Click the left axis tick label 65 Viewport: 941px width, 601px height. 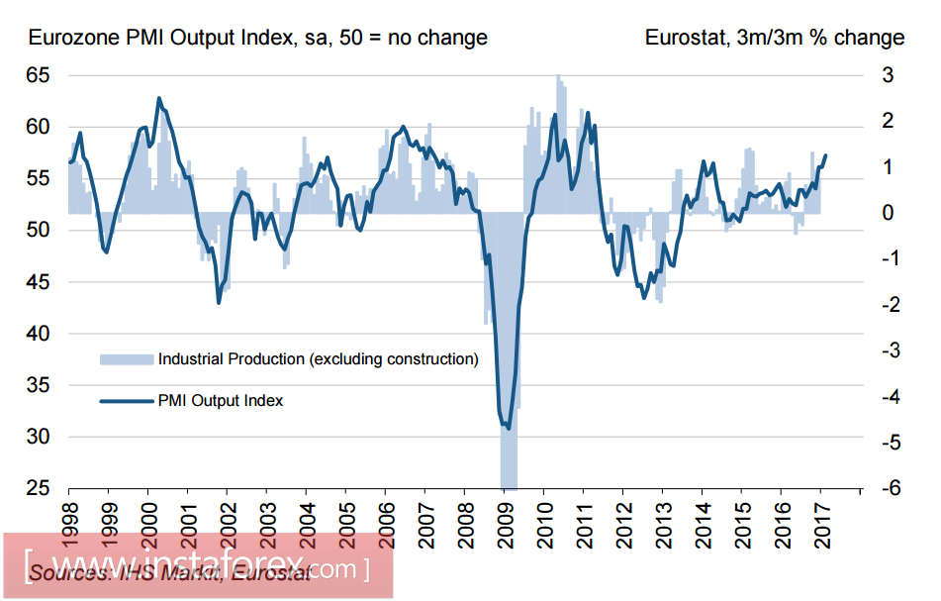[x=38, y=75]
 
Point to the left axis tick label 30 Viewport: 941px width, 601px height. [x=38, y=437]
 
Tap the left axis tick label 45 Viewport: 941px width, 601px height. [x=38, y=282]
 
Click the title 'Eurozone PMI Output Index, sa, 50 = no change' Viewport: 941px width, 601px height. [x=258, y=38]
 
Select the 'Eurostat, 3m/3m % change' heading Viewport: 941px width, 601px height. [x=775, y=38]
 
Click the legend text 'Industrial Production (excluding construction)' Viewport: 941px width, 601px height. [x=318, y=358]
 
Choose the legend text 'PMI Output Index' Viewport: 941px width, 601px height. [x=221, y=400]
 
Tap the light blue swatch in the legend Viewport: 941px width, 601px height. [x=127, y=358]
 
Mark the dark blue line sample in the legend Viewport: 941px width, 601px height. [x=127, y=400]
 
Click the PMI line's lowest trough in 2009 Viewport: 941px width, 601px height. [x=509, y=428]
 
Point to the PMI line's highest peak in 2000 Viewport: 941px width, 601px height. [x=159, y=98]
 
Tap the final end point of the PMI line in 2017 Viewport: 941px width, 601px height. [x=826, y=155]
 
